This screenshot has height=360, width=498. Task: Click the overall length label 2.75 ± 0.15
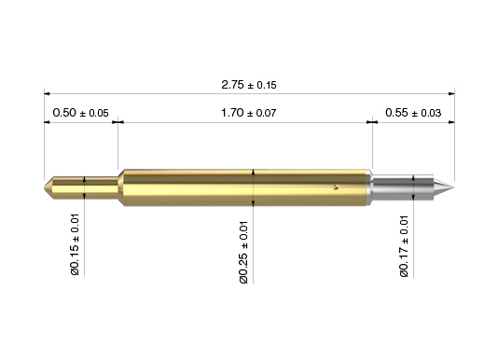point(249,85)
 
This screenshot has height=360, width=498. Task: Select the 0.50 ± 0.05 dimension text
point(81,113)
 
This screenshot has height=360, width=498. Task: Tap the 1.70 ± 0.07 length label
point(249,113)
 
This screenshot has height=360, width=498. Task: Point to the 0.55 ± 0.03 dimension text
point(413,113)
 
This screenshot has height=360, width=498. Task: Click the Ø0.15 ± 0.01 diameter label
point(75,244)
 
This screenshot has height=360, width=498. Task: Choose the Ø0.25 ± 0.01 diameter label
point(243,252)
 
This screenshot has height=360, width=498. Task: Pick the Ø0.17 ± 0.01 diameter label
point(404,246)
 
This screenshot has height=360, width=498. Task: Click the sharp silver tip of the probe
point(453,187)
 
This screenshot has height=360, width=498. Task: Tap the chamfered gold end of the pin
point(48,187)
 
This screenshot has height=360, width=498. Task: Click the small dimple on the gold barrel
point(336,187)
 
